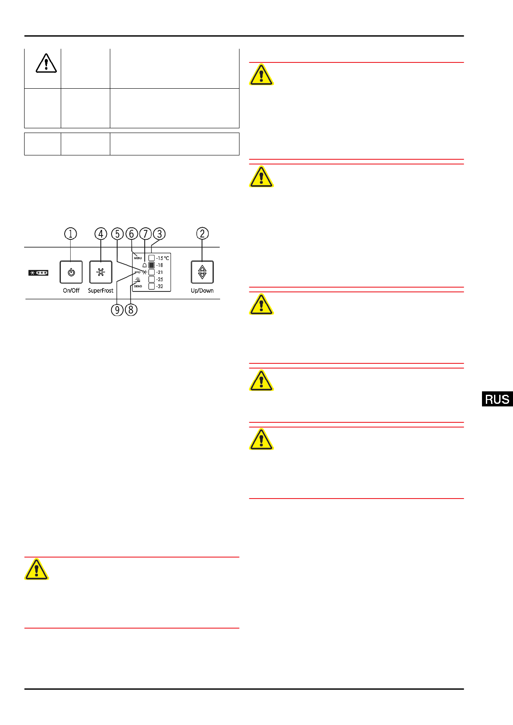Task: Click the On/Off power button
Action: point(71,272)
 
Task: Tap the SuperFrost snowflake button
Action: point(100,272)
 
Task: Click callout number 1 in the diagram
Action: point(71,234)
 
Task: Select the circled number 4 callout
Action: point(101,234)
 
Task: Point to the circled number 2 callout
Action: point(202,233)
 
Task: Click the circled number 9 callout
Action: point(117,310)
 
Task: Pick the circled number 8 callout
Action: point(131,310)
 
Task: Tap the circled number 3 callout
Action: point(159,234)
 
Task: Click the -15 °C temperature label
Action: point(162,258)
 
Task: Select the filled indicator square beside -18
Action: point(152,265)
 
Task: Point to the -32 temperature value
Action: point(160,286)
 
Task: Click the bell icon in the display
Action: point(144,265)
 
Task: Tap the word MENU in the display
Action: point(138,258)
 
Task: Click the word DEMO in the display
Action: point(138,286)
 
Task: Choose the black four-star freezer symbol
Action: point(38,273)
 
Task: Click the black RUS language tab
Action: point(497,399)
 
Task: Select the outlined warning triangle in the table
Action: point(46,63)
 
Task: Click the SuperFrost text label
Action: point(100,291)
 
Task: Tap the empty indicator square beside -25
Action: point(152,279)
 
